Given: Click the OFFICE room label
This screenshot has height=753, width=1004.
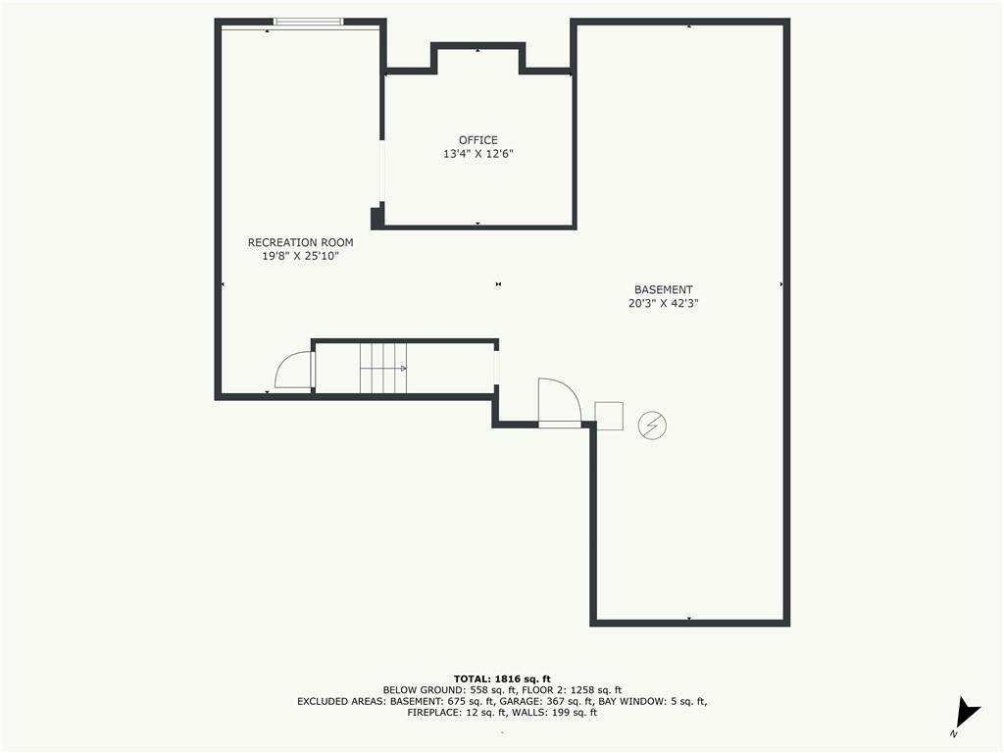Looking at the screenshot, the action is [x=477, y=140].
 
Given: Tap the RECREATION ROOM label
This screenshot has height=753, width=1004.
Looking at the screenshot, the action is [x=300, y=243].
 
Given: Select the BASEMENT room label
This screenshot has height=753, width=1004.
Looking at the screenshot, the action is [x=664, y=290].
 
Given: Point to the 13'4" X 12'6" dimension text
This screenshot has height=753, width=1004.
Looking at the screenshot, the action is [x=478, y=154].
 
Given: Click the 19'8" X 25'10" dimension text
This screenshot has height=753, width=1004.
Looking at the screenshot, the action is [x=300, y=256].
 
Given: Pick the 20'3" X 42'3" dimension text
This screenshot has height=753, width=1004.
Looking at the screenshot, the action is [x=664, y=304].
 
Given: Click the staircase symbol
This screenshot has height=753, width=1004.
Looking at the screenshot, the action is [x=383, y=369].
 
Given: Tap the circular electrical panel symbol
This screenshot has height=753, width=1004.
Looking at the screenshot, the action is [x=652, y=426].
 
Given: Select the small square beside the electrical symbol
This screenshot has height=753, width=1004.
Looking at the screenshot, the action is [x=609, y=416].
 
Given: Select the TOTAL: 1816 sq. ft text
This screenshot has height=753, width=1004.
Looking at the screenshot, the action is [x=502, y=678].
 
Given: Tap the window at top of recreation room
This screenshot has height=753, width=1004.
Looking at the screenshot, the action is [x=309, y=22].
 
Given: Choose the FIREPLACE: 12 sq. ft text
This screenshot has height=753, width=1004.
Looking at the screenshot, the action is [x=459, y=712].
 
